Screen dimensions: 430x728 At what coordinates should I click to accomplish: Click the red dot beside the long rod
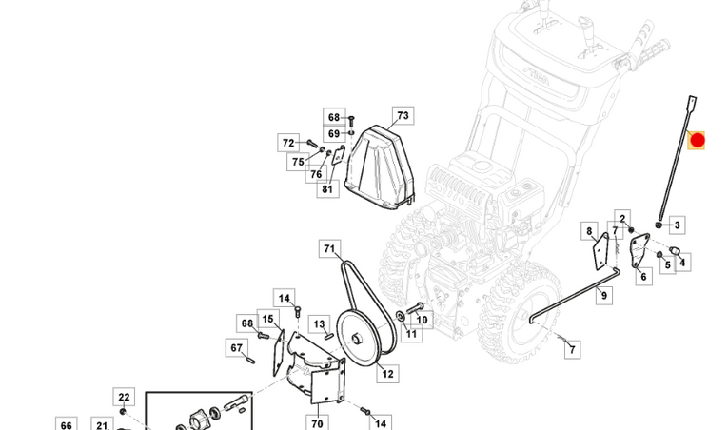[697, 142]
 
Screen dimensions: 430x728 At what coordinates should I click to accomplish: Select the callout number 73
[402, 116]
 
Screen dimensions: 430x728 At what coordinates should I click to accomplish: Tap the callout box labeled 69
[333, 134]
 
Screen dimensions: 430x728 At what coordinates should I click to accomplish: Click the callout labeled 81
[327, 188]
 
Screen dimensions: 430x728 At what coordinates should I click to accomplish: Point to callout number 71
[329, 250]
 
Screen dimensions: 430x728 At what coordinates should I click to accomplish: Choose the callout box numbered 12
[386, 374]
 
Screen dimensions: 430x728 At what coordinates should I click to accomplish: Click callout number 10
[422, 320]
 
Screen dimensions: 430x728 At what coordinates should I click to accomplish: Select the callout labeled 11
[410, 334]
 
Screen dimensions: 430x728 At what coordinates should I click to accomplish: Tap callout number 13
[320, 325]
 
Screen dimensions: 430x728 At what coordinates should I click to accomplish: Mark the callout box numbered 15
[267, 320]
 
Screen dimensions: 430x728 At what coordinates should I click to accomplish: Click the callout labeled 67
[236, 348]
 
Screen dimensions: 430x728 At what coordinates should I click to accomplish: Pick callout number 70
[317, 424]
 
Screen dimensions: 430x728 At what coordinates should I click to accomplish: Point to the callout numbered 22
[124, 397]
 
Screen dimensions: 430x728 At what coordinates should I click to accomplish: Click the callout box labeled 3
[677, 225]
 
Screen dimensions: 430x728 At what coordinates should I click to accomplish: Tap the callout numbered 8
[589, 231]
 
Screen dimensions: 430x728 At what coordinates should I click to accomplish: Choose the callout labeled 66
[65, 424]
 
